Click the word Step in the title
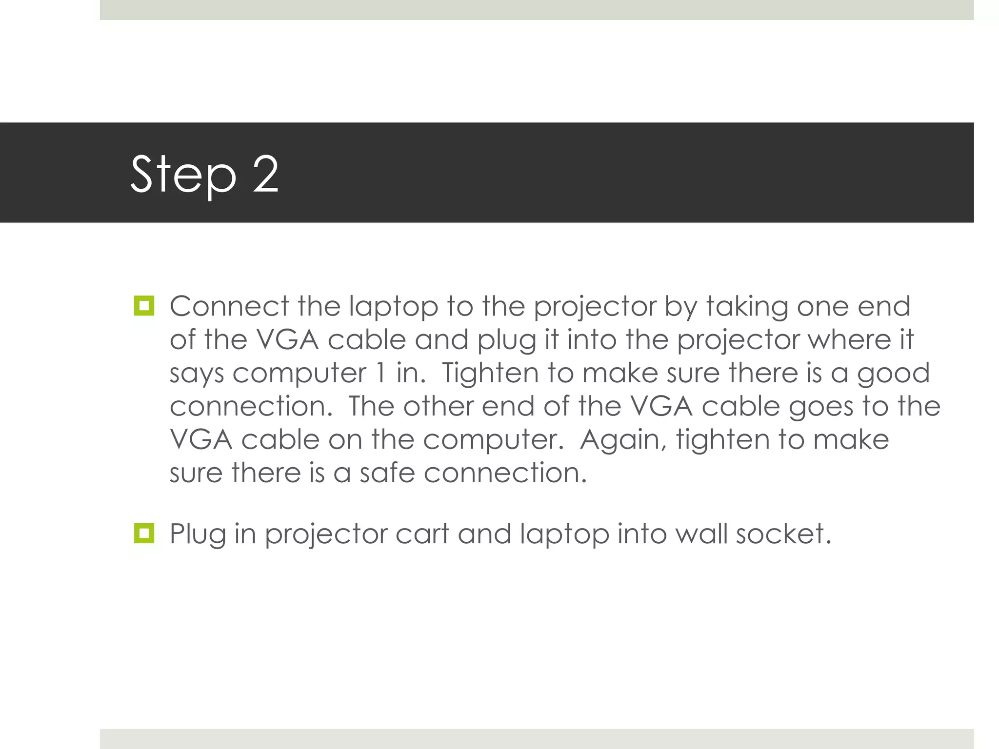click(183, 175)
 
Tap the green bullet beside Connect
click(144, 306)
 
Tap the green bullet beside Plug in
click(144, 533)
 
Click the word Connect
click(229, 306)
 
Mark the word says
click(197, 374)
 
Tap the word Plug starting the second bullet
click(198, 534)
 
